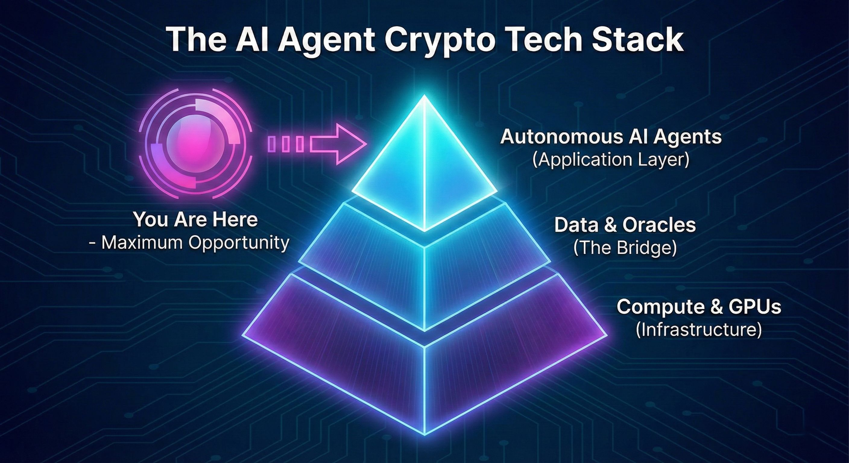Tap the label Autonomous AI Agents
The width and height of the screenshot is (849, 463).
611,137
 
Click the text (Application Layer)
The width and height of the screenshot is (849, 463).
611,160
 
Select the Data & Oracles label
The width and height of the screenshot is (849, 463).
625,225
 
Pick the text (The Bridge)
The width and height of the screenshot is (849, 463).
625,248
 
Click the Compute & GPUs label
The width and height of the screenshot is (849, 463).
699,307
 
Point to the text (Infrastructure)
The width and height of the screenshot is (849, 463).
699,329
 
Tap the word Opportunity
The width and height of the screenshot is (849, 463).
239,243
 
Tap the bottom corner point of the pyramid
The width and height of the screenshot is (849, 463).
424,434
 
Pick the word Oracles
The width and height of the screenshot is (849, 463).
659,225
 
